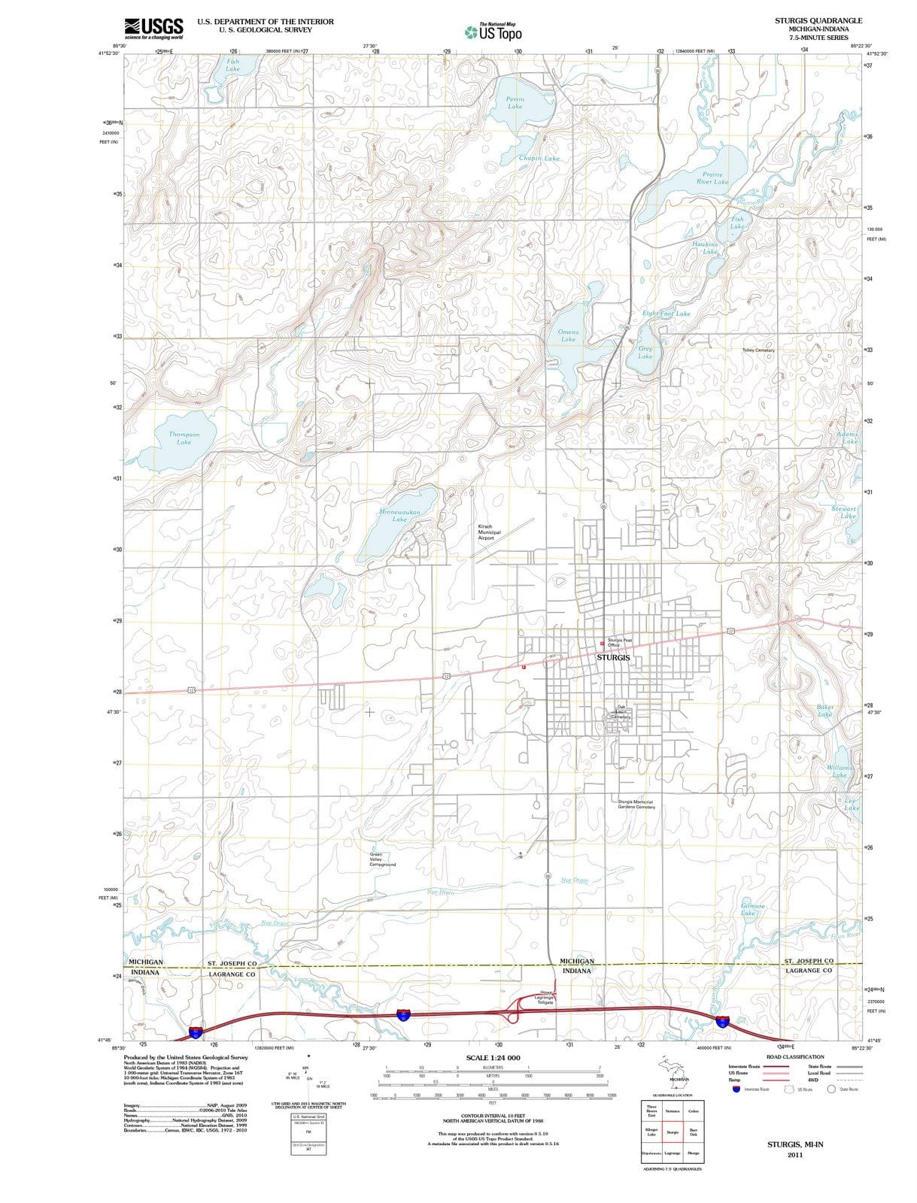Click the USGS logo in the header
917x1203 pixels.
(x=153, y=28)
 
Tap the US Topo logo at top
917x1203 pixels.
(x=493, y=32)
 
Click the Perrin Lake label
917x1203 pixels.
(x=515, y=103)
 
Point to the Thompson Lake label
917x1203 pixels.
(x=184, y=438)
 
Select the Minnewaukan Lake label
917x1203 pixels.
(x=399, y=515)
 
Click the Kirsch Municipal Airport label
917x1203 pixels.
(x=489, y=532)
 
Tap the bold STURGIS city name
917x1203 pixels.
(x=613, y=658)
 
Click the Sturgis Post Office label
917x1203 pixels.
(x=619, y=643)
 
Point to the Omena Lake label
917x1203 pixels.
(x=568, y=335)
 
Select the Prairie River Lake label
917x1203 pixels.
(x=712, y=177)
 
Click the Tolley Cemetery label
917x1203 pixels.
(x=758, y=350)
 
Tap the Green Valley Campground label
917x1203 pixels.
(x=382, y=859)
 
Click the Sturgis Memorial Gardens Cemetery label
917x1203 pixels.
(x=636, y=805)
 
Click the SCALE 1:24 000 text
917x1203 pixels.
(x=493, y=1058)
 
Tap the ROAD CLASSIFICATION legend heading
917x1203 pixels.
(x=795, y=1056)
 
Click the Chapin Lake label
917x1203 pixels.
(x=539, y=159)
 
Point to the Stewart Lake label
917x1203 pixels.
(x=844, y=512)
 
